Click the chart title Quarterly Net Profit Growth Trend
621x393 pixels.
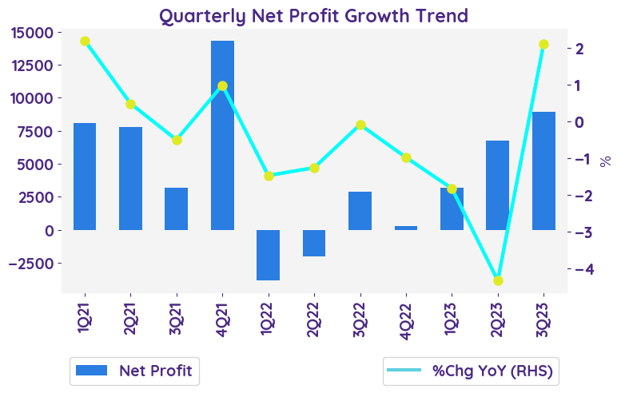coord(313,15)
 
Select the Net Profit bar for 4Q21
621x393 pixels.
coord(222,135)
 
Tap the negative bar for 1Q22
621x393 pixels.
coord(268,255)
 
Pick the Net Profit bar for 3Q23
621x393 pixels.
coord(543,171)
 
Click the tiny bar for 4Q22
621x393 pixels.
coord(406,228)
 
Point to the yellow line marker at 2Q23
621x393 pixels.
coord(498,280)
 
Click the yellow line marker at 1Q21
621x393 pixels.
coord(85,42)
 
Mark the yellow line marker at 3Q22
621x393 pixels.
coord(360,125)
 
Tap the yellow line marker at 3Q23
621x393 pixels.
coord(543,45)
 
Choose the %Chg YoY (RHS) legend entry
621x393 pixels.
coord(470,370)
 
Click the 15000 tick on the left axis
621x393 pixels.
coord(33,33)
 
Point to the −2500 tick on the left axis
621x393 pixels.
coord(30,264)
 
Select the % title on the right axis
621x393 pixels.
coord(605,161)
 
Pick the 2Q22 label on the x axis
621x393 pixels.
coord(314,324)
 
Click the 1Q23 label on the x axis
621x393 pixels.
coord(452,324)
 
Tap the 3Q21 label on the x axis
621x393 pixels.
coord(177,324)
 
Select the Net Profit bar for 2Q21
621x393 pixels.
coord(130,178)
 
